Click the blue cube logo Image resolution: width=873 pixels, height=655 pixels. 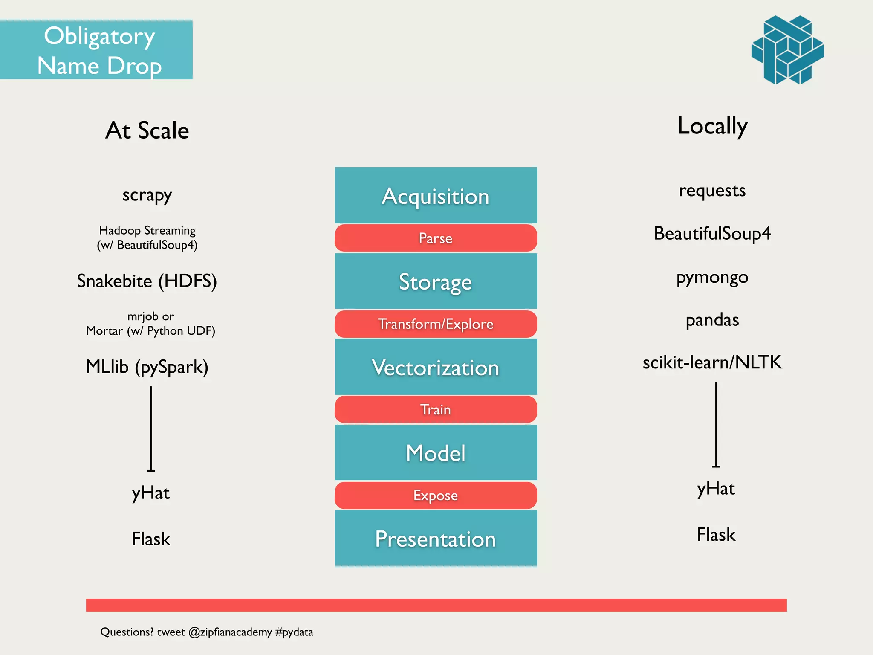pyautogui.click(x=787, y=50)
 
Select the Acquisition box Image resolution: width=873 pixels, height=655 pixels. pyautogui.click(x=436, y=196)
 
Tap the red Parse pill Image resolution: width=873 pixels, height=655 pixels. pyautogui.click(x=436, y=238)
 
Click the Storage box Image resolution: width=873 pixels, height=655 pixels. pyautogui.click(x=436, y=281)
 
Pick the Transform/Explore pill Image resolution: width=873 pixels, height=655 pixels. pyautogui.click(x=436, y=324)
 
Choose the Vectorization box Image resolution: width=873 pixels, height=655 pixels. pyautogui.click(x=436, y=367)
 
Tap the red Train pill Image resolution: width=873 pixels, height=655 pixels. pyautogui.click(x=436, y=409)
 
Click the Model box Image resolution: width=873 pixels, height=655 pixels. pyautogui.click(x=436, y=452)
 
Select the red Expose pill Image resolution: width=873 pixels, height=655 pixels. pyautogui.click(x=436, y=496)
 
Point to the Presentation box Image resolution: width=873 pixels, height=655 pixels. pyautogui.click(x=436, y=539)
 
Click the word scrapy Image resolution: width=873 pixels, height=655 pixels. pyautogui.click(x=147, y=195)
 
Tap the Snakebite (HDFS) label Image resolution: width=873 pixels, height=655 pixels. pyautogui.click(x=147, y=281)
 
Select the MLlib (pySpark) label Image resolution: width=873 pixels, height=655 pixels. pyautogui.click(x=147, y=367)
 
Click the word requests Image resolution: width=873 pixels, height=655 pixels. pyautogui.click(x=712, y=191)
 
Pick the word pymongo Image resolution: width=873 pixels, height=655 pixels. pyautogui.click(x=712, y=278)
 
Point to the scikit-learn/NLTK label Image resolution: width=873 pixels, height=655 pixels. pyautogui.click(x=712, y=362)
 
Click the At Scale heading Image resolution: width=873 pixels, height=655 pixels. pyautogui.click(x=147, y=130)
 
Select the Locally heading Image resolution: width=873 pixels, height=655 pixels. pyautogui.click(x=712, y=126)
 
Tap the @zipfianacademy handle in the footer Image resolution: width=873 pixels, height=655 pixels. pyautogui.click(x=230, y=632)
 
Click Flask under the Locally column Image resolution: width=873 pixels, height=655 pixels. pyautogui.click(x=716, y=535)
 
